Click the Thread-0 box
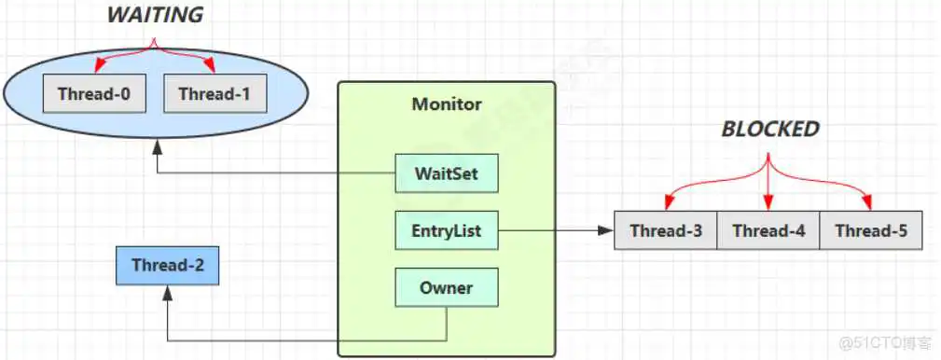point(93,94)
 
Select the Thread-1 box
point(214,94)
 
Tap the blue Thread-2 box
point(167,265)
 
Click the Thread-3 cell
point(666,230)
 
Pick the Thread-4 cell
point(768,230)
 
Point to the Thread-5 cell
point(870,230)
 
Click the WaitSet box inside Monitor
point(447,173)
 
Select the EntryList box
point(447,230)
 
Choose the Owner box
point(447,287)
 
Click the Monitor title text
point(447,104)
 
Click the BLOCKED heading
point(769,130)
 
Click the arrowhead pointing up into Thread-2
point(167,292)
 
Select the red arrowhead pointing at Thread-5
point(868,204)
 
